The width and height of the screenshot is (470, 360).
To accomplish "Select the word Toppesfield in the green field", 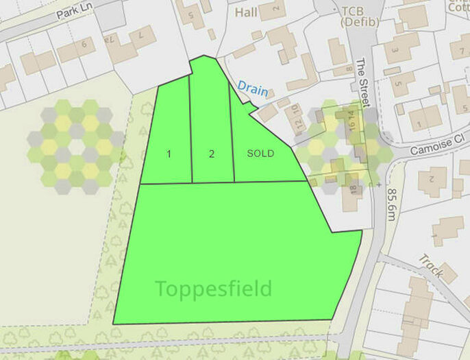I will (x=213, y=288).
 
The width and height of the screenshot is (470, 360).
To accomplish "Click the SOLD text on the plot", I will (x=260, y=154).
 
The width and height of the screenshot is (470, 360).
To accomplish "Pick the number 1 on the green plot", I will (x=169, y=154).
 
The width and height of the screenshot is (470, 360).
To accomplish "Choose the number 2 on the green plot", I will (x=212, y=154).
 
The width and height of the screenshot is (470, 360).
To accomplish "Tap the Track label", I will (x=432, y=267).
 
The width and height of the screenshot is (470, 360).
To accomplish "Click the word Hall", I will (x=247, y=12).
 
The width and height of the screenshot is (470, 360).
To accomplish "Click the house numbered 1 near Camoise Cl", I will (x=420, y=123).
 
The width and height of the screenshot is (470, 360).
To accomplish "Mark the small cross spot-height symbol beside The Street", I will (x=378, y=184).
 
